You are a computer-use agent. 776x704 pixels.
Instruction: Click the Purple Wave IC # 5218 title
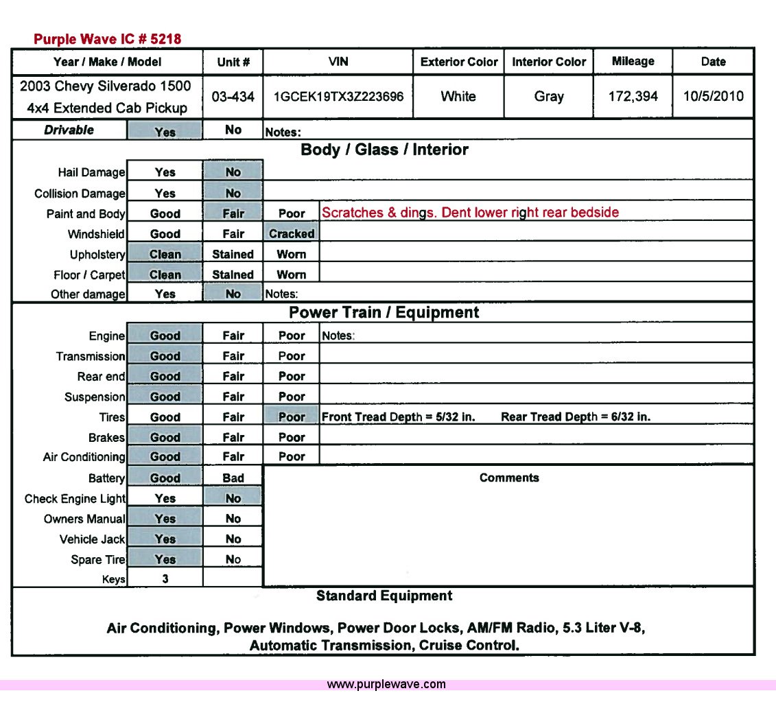coord(107,39)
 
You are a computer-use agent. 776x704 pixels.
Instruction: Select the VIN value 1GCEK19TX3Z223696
coord(338,96)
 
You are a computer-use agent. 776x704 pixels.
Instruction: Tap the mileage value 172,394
coord(633,96)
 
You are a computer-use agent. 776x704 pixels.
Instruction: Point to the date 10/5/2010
coord(713,96)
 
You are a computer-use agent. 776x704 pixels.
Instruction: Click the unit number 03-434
coord(233,97)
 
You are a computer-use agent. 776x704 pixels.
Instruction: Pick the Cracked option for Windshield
coord(292,234)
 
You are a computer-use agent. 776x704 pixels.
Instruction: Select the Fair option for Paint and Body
coord(233,213)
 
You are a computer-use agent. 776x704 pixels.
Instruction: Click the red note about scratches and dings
coord(470,213)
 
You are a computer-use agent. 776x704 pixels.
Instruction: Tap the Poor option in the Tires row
coord(292,417)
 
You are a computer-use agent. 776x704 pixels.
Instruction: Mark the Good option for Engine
coord(165,336)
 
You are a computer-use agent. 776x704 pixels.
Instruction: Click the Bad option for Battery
coord(233,478)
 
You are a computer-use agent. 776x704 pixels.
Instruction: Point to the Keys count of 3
coord(165,579)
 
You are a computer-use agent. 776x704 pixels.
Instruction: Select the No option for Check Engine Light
coord(233,499)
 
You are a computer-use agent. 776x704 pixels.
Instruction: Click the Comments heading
coord(509,478)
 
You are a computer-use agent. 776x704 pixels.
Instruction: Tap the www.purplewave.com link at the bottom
coord(386,685)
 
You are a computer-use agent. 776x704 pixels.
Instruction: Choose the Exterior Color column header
coord(459,62)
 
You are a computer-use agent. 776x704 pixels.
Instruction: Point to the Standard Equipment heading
coord(384,596)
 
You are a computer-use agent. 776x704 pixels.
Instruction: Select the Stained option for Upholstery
coord(233,255)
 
